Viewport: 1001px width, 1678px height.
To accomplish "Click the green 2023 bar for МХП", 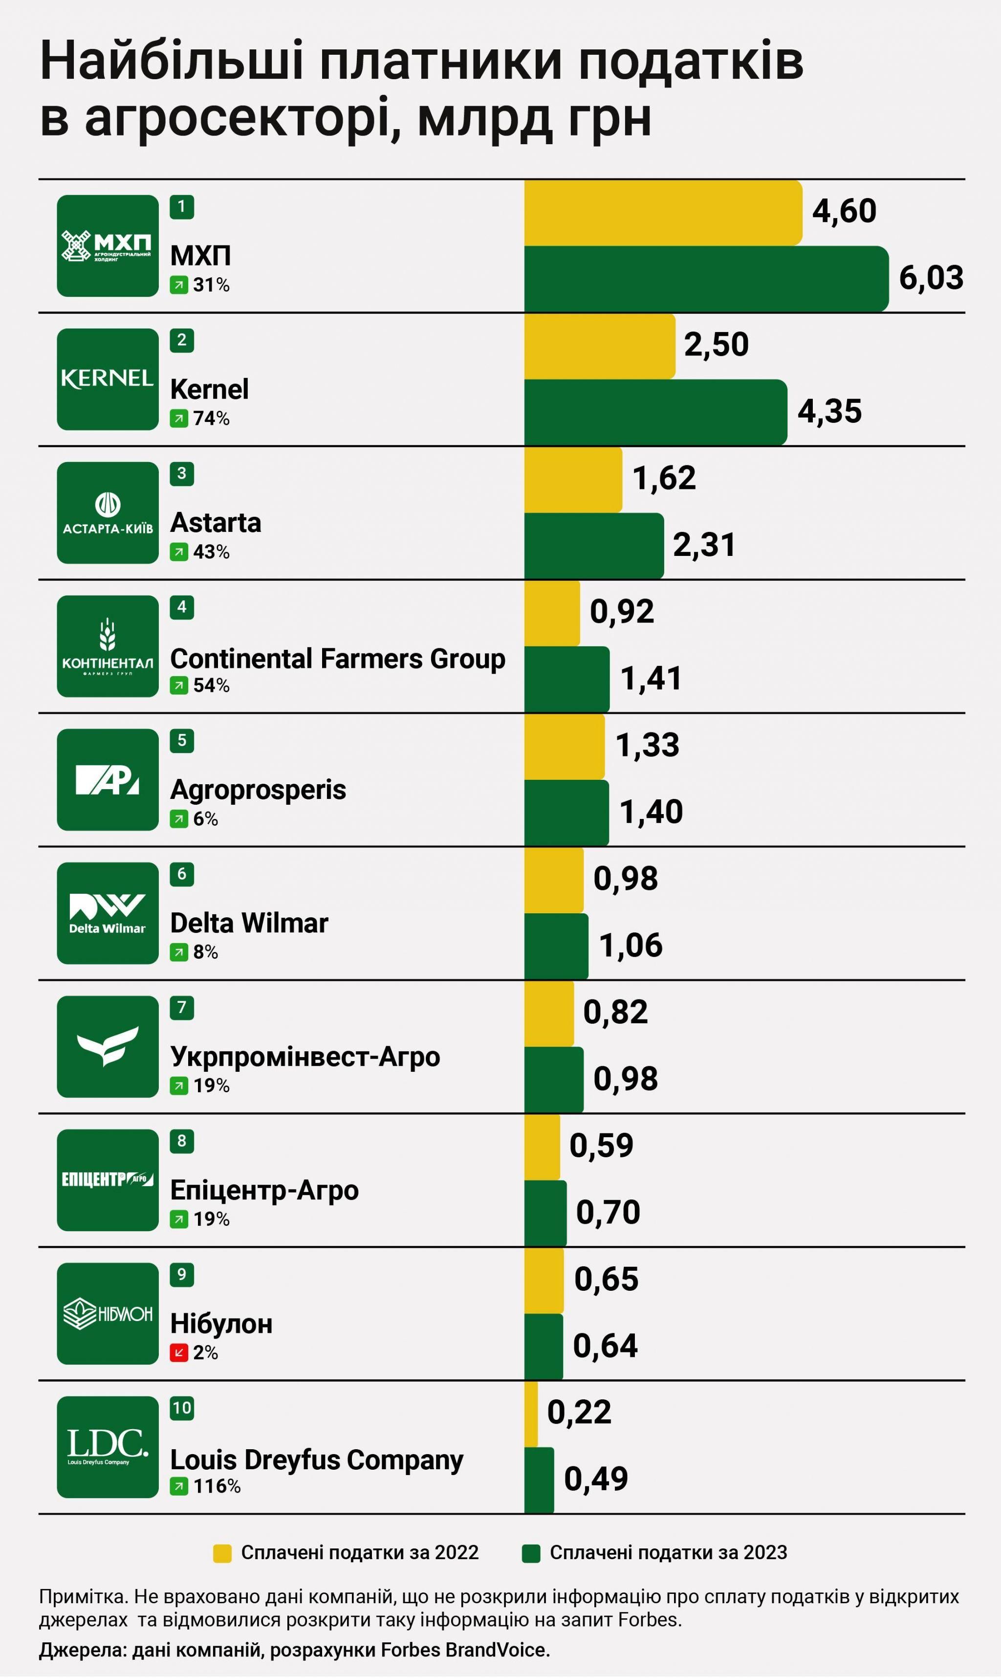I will (706, 279).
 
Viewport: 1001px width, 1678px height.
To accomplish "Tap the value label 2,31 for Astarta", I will (703, 545).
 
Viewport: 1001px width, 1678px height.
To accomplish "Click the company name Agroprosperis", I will (258, 790).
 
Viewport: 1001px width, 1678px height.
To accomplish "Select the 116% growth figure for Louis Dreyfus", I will (217, 1486).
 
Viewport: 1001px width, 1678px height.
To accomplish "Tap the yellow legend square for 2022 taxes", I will (222, 1552).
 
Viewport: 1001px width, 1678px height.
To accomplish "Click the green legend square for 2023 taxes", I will (531, 1552).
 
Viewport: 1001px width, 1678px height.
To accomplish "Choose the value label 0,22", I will (579, 1412).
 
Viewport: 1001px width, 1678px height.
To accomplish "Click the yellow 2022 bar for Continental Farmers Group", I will (552, 613).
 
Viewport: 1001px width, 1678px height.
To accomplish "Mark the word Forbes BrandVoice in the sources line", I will (465, 1650).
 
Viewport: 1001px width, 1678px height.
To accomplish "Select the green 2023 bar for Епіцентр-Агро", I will (545, 1213).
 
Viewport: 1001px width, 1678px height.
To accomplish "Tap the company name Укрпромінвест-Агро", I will (305, 1057).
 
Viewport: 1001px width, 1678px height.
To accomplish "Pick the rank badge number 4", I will (181, 607).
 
